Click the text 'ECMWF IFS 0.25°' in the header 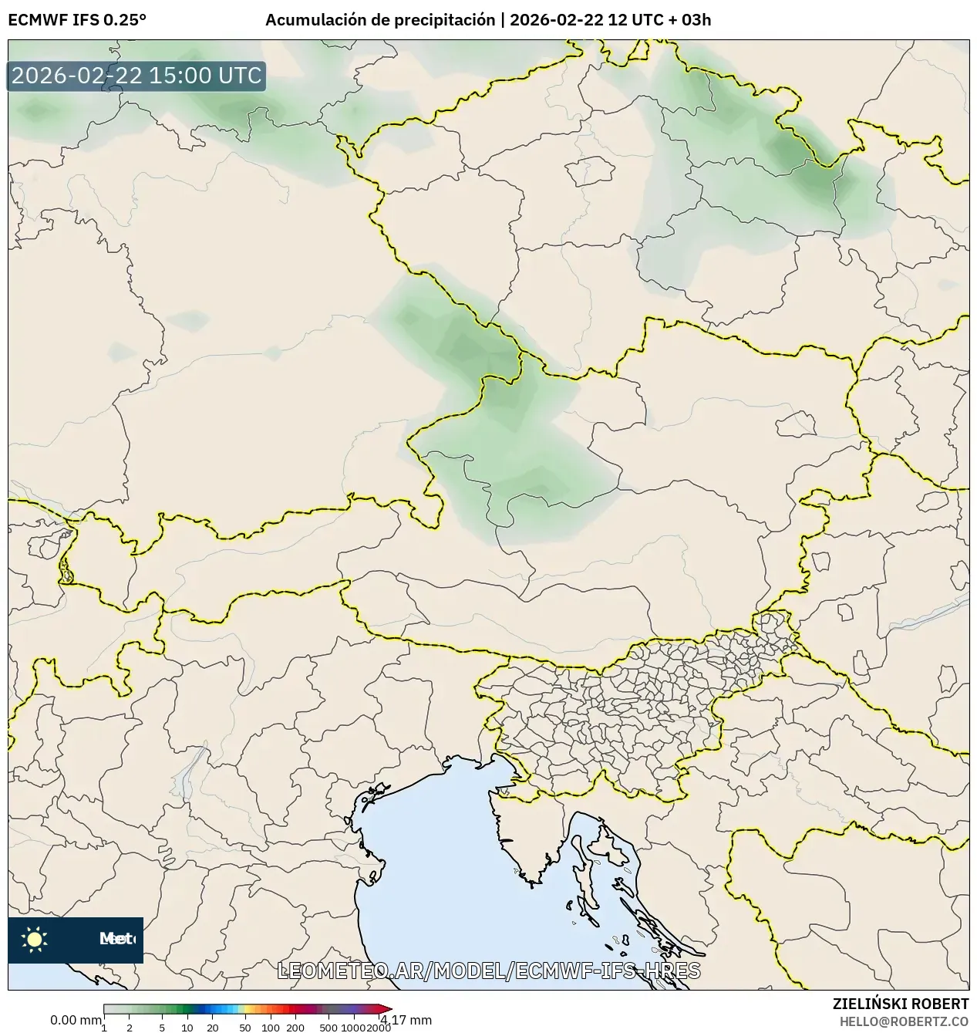(77, 20)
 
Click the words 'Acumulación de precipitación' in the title (380, 20)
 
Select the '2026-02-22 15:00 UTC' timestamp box (136, 76)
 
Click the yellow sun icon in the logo (35, 939)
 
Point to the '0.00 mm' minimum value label (75, 1020)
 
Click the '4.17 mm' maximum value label (406, 1020)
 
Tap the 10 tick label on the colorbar (187, 1028)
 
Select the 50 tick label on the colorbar (245, 1028)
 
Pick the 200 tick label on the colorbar (295, 1028)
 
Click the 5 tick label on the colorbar (162, 1028)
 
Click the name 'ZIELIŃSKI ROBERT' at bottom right (901, 1004)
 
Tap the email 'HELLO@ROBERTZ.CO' (904, 1021)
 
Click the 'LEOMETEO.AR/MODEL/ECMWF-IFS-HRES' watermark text (489, 971)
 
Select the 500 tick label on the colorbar (328, 1028)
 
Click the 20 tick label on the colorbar (213, 1028)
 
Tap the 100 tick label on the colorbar (271, 1028)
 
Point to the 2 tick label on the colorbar (130, 1028)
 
